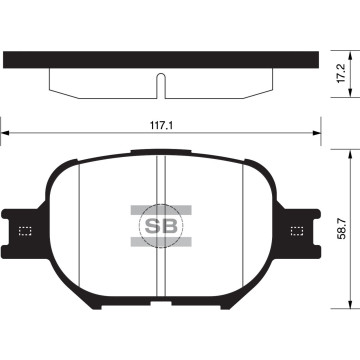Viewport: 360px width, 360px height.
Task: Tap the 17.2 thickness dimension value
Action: coord(341,73)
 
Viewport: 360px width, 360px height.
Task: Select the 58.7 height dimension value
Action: coord(342,231)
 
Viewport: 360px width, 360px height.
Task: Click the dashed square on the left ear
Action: coord(26,231)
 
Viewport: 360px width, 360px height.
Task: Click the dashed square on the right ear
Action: coord(296,231)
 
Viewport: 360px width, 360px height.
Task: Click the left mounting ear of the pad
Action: coord(22,230)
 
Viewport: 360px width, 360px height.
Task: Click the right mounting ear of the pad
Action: coord(300,230)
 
